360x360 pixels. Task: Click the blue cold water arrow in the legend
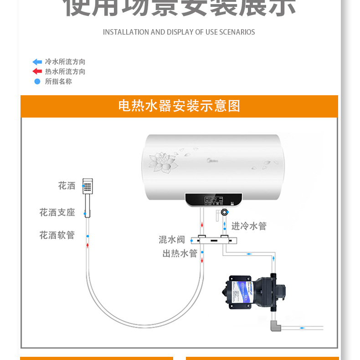click(37, 62)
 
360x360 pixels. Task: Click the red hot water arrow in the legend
click(37, 72)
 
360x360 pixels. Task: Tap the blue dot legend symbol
click(37, 82)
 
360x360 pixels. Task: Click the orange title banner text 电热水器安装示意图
click(179, 106)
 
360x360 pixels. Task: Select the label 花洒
click(67, 185)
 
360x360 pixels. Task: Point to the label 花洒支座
click(57, 212)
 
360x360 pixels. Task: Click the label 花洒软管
click(57, 235)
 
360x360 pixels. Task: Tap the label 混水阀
click(172, 239)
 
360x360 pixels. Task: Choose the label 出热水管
click(180, 253)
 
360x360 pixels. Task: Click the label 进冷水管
click(249, 226)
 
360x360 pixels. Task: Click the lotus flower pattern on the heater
click(163, 162)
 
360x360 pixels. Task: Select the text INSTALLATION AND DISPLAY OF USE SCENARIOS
click(179, 32)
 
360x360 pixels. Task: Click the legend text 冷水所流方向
click(65, 62)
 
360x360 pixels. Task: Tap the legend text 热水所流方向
click(65, 72)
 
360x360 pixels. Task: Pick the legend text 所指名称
click(58, 82)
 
